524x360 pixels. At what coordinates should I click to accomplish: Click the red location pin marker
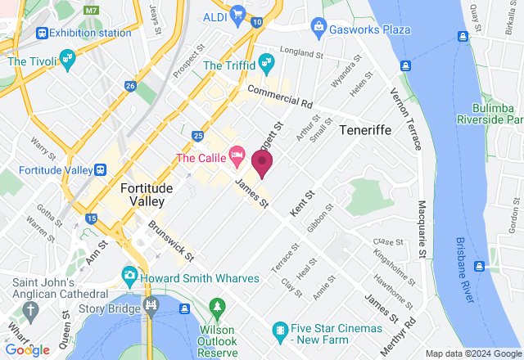pos(262,161)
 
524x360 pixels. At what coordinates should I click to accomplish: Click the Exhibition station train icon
pos(40,33)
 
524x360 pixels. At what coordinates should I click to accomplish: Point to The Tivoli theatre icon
pos(68,61)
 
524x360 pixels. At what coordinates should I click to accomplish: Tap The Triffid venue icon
pos(266,62)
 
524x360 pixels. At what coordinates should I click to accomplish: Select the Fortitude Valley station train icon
pos(100,169)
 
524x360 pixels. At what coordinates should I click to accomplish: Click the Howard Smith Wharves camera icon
pos(129,274)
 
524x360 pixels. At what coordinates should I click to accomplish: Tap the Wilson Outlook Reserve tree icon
pos(217,309)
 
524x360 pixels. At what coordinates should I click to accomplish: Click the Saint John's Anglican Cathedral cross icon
pos(31,309)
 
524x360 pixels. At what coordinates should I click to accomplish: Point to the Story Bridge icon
pos(150,308)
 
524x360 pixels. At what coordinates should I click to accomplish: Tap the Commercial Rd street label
pos(279,97)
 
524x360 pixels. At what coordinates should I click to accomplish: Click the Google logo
pos(26,350)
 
